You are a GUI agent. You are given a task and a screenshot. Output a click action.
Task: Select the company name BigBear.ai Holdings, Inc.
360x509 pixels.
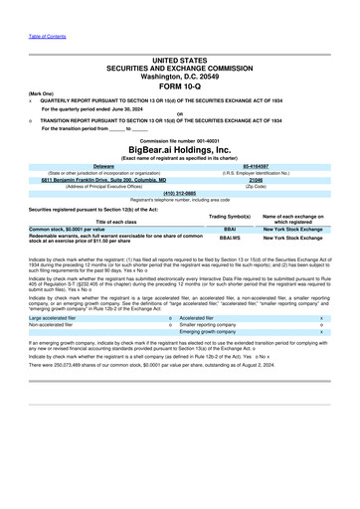pyautogui.click(x=180, y=149)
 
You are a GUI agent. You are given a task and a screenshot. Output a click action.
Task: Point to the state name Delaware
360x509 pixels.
pyautogui.click(x=103, y=166)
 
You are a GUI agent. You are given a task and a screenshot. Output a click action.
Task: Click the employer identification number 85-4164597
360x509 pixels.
pyautogui.click(x=256, y=166)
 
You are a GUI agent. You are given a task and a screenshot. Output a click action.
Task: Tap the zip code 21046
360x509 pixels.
pyautogui.click(x=256, y=179)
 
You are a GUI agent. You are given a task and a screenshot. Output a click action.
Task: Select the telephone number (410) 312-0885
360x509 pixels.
pyautogui.click(x=180, y=193)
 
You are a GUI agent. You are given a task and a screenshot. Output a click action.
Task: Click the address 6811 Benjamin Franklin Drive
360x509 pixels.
pyautogui.click(x=103, y=179)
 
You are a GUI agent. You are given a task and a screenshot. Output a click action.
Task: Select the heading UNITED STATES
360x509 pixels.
pyautogui.click(x=180, y=60)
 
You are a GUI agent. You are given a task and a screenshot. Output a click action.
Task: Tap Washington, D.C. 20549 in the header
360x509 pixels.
pyautogui.click(x=180, y=75)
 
